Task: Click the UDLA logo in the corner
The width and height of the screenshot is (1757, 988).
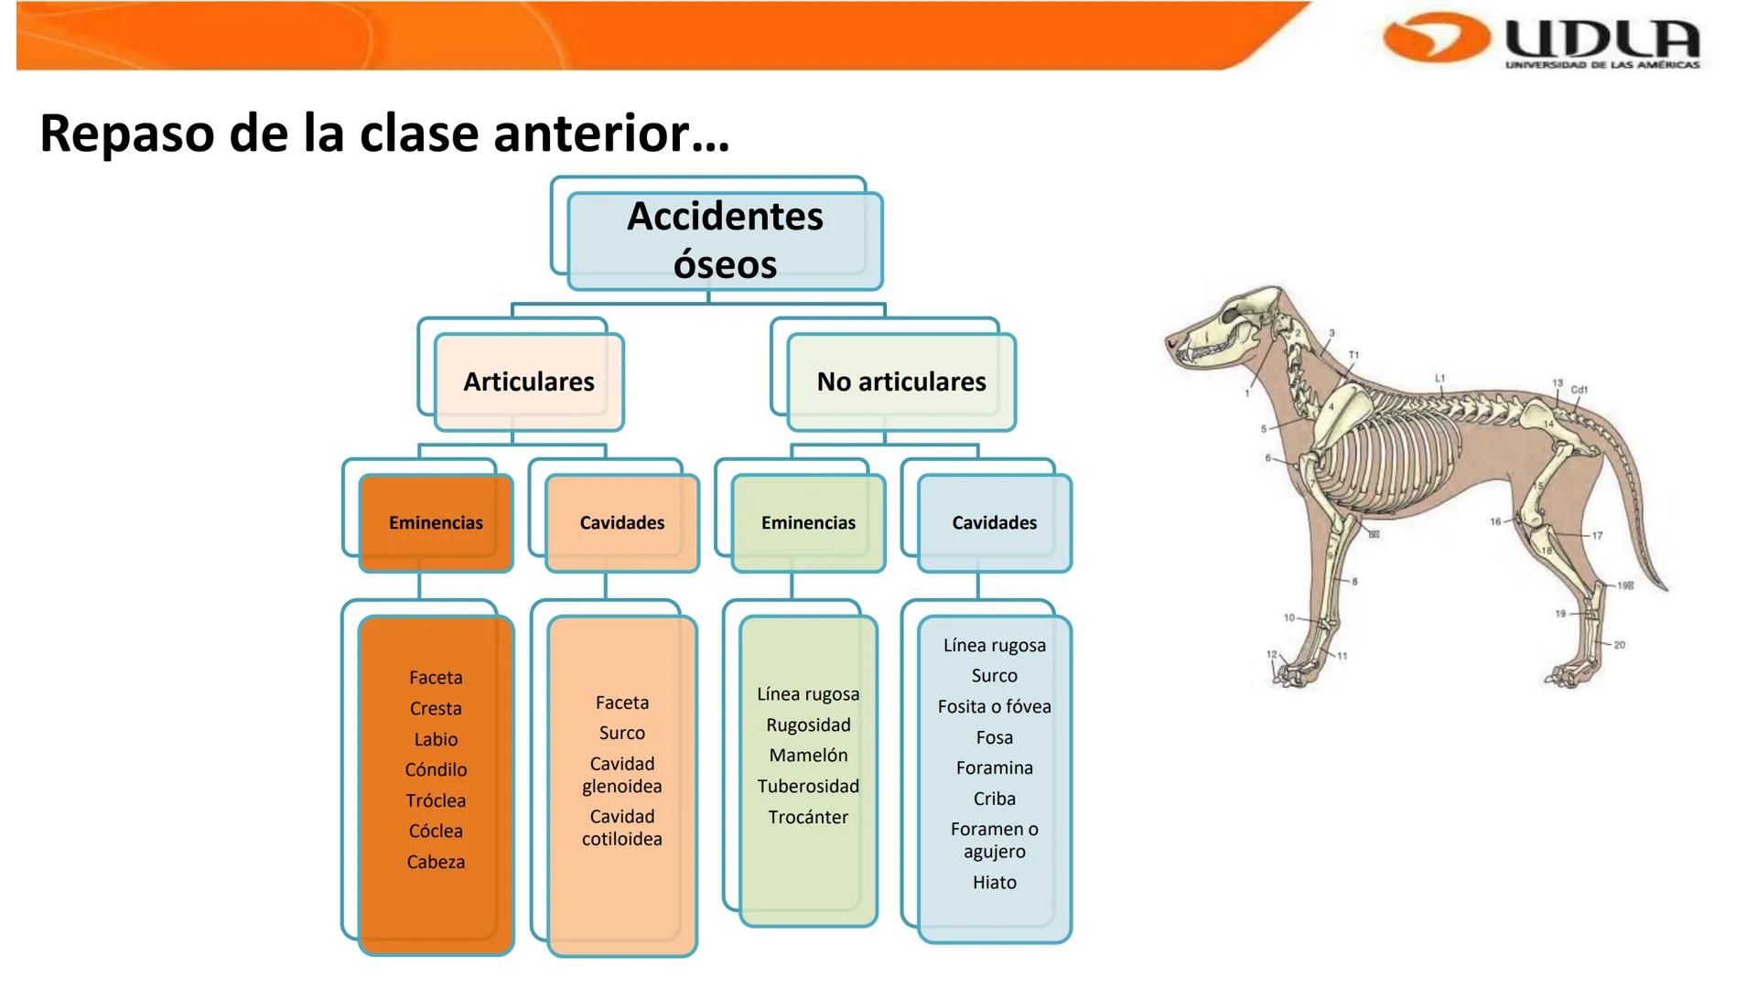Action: pyautogui.click(x=1543, y=40)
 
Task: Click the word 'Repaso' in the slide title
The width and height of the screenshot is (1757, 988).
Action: pyautogui.click(x=125, y=134)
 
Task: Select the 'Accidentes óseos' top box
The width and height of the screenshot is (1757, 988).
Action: pyautogui.click(x=725, y=241)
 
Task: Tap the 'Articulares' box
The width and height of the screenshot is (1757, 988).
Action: pyautogui.click(x=529, y=381)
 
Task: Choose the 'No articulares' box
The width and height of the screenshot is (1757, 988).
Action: pyautogui.click(x=901, y=381)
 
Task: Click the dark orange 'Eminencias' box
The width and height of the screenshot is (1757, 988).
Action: pyautogui.click(x=436, y=523)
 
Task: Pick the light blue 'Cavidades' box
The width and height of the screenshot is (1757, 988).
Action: pyautogui.click(x=994, y=523)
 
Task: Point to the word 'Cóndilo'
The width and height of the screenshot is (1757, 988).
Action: pyautogui.click(x=436, y=770)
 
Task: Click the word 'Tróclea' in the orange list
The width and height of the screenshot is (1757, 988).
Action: pyautogui.click(x=436, y=801)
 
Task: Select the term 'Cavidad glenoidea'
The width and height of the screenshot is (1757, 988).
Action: pyautogui.click(x=622, y=775)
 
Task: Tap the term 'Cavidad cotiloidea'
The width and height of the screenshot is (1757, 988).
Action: pyautogui.click(x=622, y=828)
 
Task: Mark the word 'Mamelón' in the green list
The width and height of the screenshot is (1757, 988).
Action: pyautogui.click(x=808, y=756)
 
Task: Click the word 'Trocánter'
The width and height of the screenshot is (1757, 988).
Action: pyautogui.click(x=808, y=818)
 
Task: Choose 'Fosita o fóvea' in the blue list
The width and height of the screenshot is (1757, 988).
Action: pyautogui.click(x=994, y=707)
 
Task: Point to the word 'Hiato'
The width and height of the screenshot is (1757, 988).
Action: pyautogui.click(x=995, y=883)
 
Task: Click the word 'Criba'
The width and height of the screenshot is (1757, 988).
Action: pyautogui.click(x=995, y=800)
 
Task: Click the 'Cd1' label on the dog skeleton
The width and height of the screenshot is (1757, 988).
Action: pyautogui.click(x=1579, y=390)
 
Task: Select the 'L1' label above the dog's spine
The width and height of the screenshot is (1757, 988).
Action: pyautogui.click(x=1439, y=378)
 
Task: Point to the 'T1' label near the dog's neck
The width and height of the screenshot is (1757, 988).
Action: pyautogui.click(x=1353, y=355)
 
